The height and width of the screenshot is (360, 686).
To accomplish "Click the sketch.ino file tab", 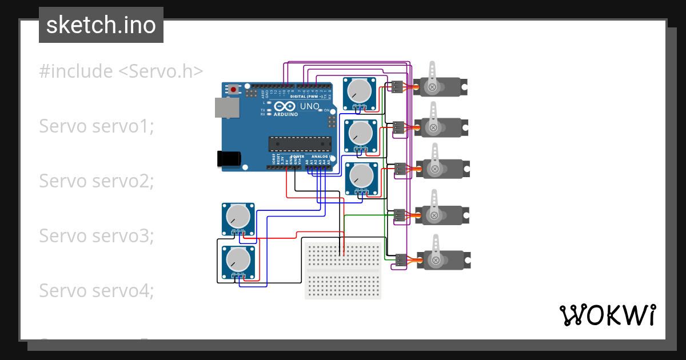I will coord(101,25).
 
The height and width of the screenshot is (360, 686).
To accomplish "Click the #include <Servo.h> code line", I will coord(121,71).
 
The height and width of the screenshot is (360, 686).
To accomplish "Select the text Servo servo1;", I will coord(97,126).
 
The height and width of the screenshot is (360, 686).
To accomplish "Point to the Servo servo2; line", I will coord(97,181).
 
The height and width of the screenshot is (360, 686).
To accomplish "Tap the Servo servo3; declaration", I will coord(97,235).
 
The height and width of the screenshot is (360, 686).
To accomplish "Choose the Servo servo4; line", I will coord(97,290).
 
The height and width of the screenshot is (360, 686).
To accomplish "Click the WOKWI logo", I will coord(607,315).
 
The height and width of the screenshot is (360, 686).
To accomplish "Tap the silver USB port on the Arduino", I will coord(226,107).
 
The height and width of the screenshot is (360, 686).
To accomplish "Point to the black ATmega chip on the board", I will coord(300,145).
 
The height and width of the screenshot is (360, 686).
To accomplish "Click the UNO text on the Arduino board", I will coord(309,106).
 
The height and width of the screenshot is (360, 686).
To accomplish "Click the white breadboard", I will coord(342,270).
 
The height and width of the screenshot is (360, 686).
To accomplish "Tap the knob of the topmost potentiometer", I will coord(360,90).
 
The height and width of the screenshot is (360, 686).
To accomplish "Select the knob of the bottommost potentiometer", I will coord(238,260).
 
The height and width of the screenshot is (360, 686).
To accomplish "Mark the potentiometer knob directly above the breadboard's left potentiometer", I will coord(238,216).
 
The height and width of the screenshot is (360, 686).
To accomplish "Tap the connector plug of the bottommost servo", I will coord(400,260).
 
